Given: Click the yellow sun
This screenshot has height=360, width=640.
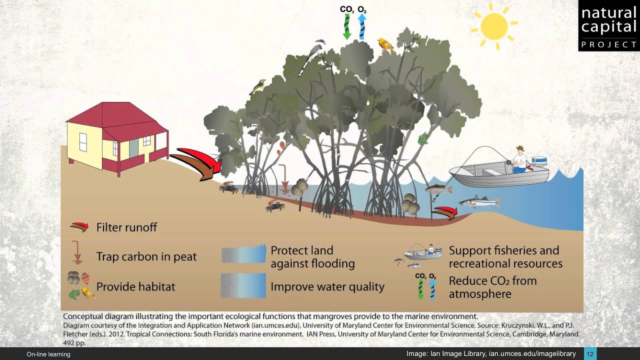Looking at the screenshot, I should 493,26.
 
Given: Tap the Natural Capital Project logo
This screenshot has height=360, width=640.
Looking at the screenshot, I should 608,25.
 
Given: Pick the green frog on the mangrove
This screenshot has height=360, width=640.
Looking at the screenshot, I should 423,138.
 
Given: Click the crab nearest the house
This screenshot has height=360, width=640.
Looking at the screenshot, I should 228,188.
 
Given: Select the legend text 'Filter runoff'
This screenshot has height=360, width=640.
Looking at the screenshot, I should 126,227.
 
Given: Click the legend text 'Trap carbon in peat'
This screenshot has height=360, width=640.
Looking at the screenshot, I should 146,257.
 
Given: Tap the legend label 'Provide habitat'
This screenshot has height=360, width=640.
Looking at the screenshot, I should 135,287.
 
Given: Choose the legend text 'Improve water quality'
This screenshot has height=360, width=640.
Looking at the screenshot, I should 327,287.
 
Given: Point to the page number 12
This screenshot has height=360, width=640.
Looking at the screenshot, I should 590,354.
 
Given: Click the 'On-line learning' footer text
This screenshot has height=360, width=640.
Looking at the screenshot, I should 48,354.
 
